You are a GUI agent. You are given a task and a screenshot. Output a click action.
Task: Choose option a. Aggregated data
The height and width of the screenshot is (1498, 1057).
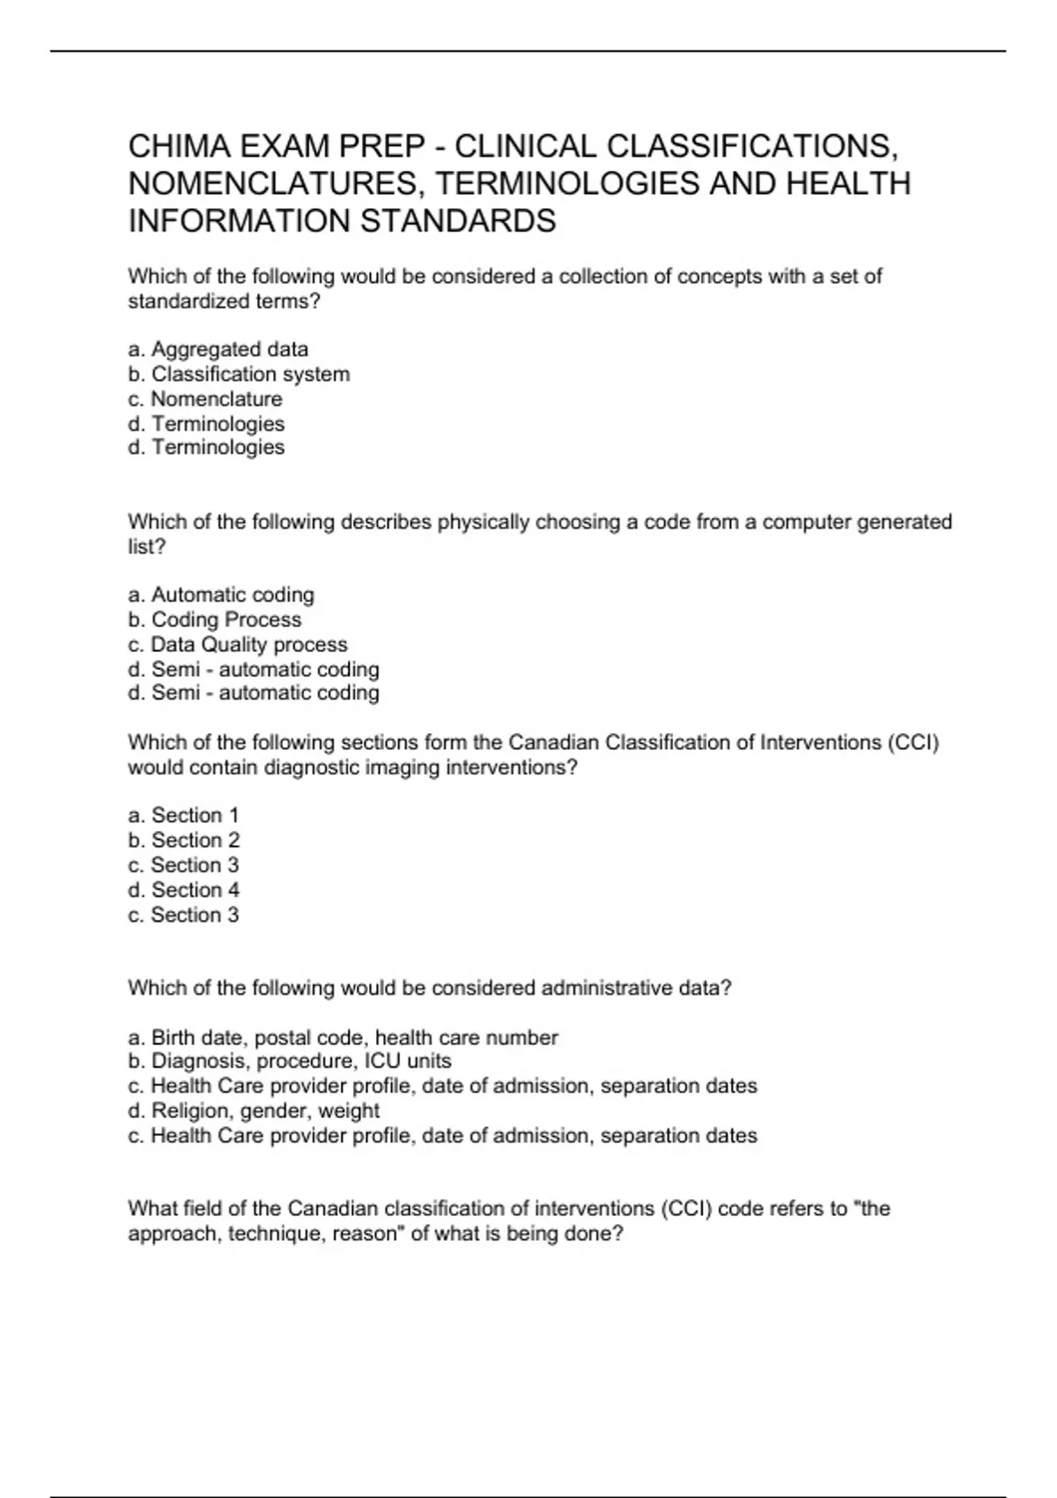point(218,349)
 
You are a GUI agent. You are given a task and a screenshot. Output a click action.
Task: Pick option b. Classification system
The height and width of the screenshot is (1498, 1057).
point(239,374)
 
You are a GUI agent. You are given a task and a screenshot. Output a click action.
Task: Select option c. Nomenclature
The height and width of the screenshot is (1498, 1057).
point(205,398)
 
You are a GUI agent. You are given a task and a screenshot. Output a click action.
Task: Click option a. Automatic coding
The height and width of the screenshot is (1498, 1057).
point(221,595)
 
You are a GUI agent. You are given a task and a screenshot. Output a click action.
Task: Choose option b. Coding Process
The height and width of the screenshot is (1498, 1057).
point(215,619)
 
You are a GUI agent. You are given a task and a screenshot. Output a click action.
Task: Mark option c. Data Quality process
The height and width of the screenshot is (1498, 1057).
point(238,644)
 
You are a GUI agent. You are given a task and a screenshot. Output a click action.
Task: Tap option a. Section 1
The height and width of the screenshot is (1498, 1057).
point(183,815)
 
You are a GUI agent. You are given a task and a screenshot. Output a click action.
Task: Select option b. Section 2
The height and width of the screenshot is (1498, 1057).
point(183,840)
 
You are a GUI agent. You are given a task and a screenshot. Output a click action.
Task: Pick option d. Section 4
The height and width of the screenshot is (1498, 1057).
point(183,890)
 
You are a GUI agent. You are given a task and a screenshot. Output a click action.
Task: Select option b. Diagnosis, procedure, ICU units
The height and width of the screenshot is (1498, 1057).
point(290,1061)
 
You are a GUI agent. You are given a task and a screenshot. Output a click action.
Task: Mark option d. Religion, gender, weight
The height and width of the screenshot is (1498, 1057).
point(254,1110)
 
